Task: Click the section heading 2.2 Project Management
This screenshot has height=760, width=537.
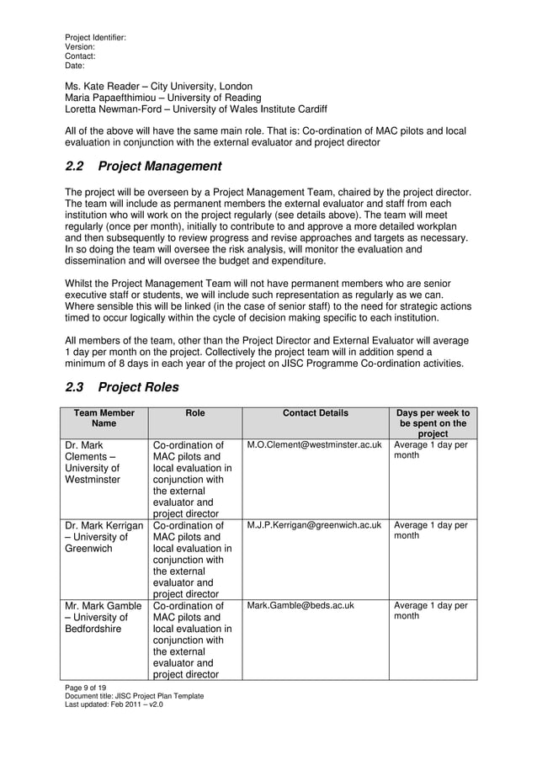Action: point(143,167)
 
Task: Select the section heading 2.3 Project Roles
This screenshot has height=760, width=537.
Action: point(121,388)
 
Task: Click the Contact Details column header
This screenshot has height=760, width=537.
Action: point(315,413)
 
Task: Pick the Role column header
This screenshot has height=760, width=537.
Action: point(195,413)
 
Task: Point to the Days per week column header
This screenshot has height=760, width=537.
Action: point(433,423)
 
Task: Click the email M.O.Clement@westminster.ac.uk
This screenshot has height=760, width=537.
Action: point(314,445)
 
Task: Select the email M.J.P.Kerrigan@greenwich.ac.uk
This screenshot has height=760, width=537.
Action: point(314,526)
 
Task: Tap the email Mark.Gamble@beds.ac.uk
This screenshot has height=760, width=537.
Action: point(300,605)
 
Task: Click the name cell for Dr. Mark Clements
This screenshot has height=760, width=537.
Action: point(93,463)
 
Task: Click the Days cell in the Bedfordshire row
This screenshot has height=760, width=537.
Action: point(431,611)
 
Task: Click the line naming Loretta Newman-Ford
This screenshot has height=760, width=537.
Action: point(196,109)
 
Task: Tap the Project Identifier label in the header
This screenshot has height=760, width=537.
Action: point(96,38)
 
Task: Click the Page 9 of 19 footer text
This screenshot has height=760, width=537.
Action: point(86,688)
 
